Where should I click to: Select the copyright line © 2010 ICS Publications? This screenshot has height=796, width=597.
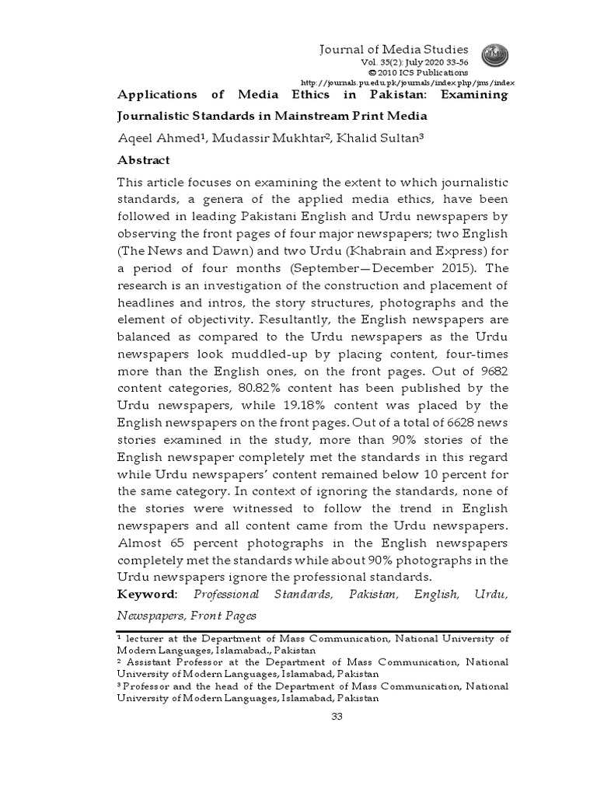tap(422, 72)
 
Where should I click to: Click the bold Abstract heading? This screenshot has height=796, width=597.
tap(143, 159)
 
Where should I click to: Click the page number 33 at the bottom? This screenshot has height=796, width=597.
tap(337, 716)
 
